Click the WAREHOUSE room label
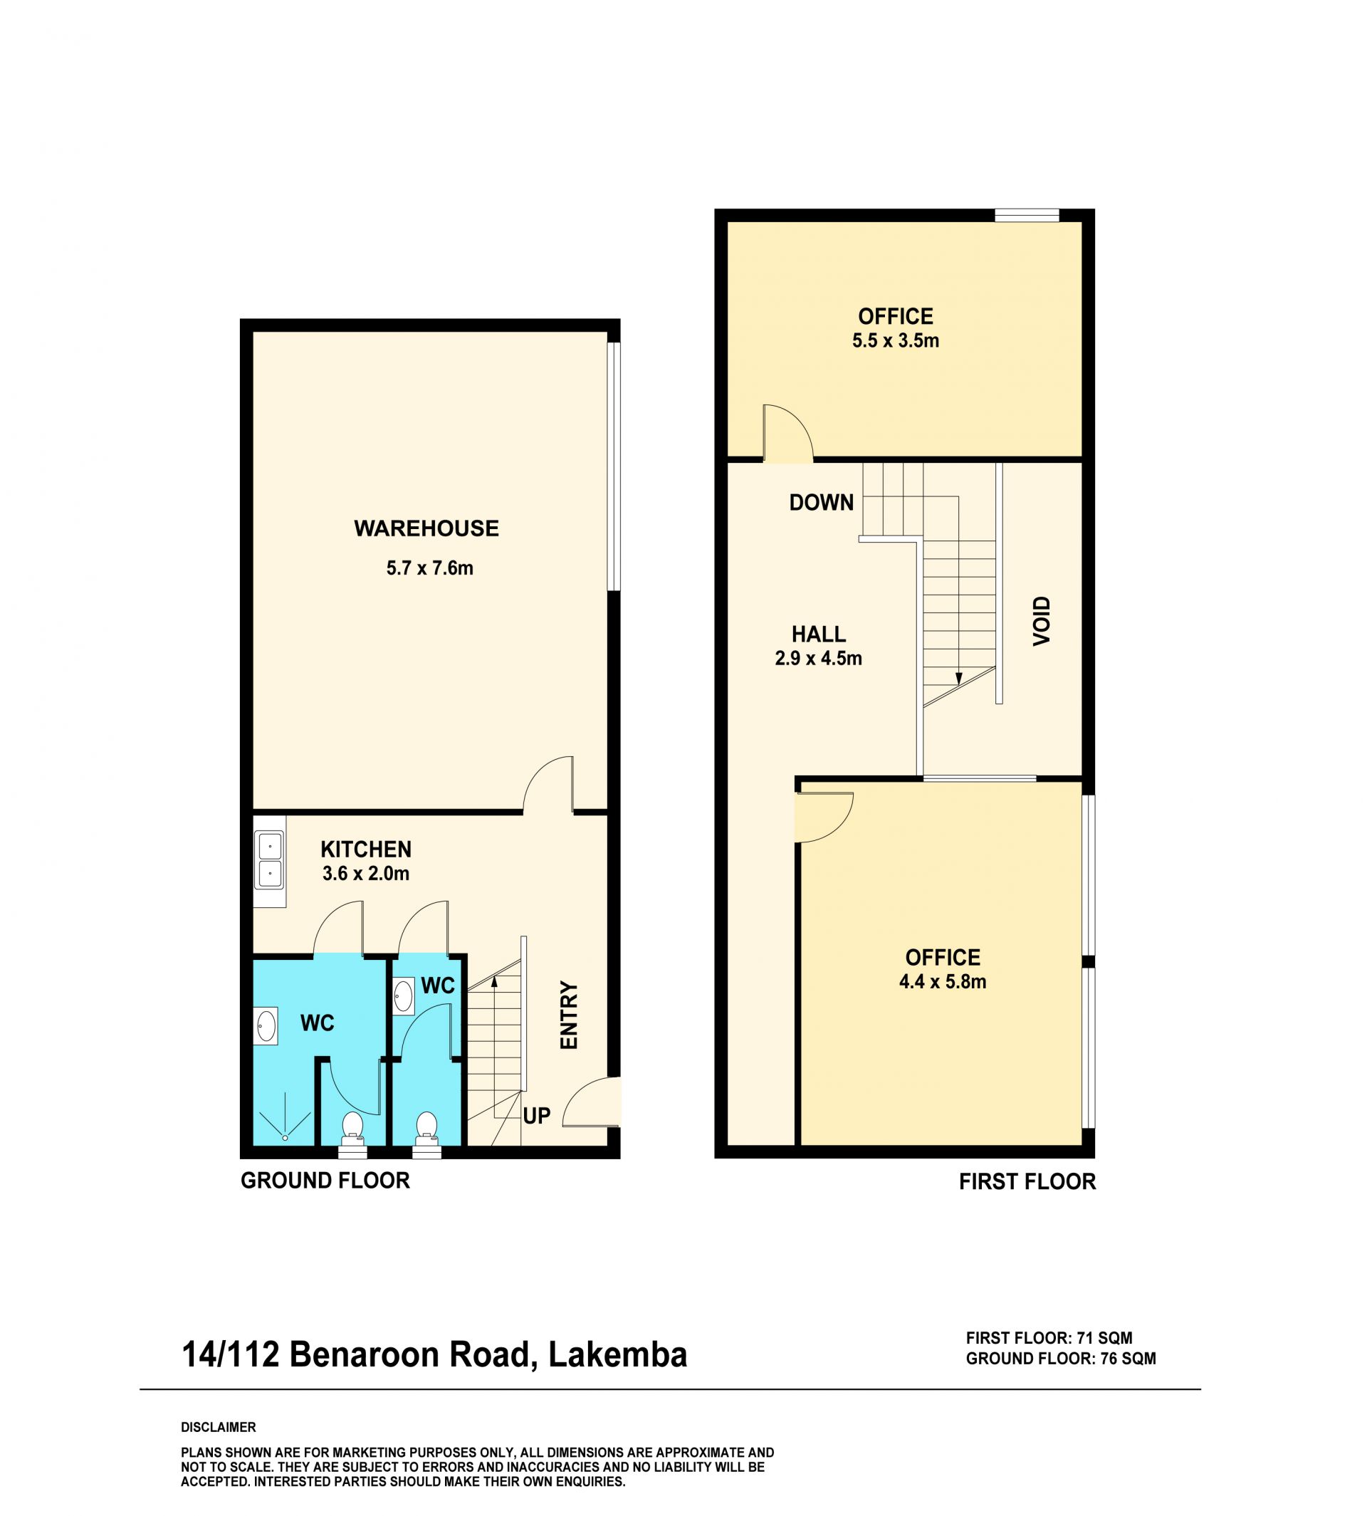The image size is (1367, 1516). [426, 529]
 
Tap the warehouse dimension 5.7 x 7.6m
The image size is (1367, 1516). [429, 568]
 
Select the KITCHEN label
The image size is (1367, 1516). [366, 850]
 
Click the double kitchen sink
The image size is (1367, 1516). [270, 859]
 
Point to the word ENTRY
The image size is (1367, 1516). [570, 1015]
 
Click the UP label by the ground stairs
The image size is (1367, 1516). [536, 1117]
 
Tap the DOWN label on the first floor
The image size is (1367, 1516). [821, 503]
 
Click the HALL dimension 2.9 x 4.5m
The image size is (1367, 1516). [818, 659]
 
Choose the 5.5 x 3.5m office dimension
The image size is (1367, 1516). [895, 341]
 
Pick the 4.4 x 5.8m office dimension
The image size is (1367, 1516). [943, 982]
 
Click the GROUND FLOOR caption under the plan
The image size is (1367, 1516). [325, 1181]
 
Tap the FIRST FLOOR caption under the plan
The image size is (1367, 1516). [1027, 1182]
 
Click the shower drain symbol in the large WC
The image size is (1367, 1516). [286, 1138]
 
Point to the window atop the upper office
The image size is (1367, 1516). [1027, 216]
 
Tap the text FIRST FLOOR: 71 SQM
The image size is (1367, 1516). [1049, 1338]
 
